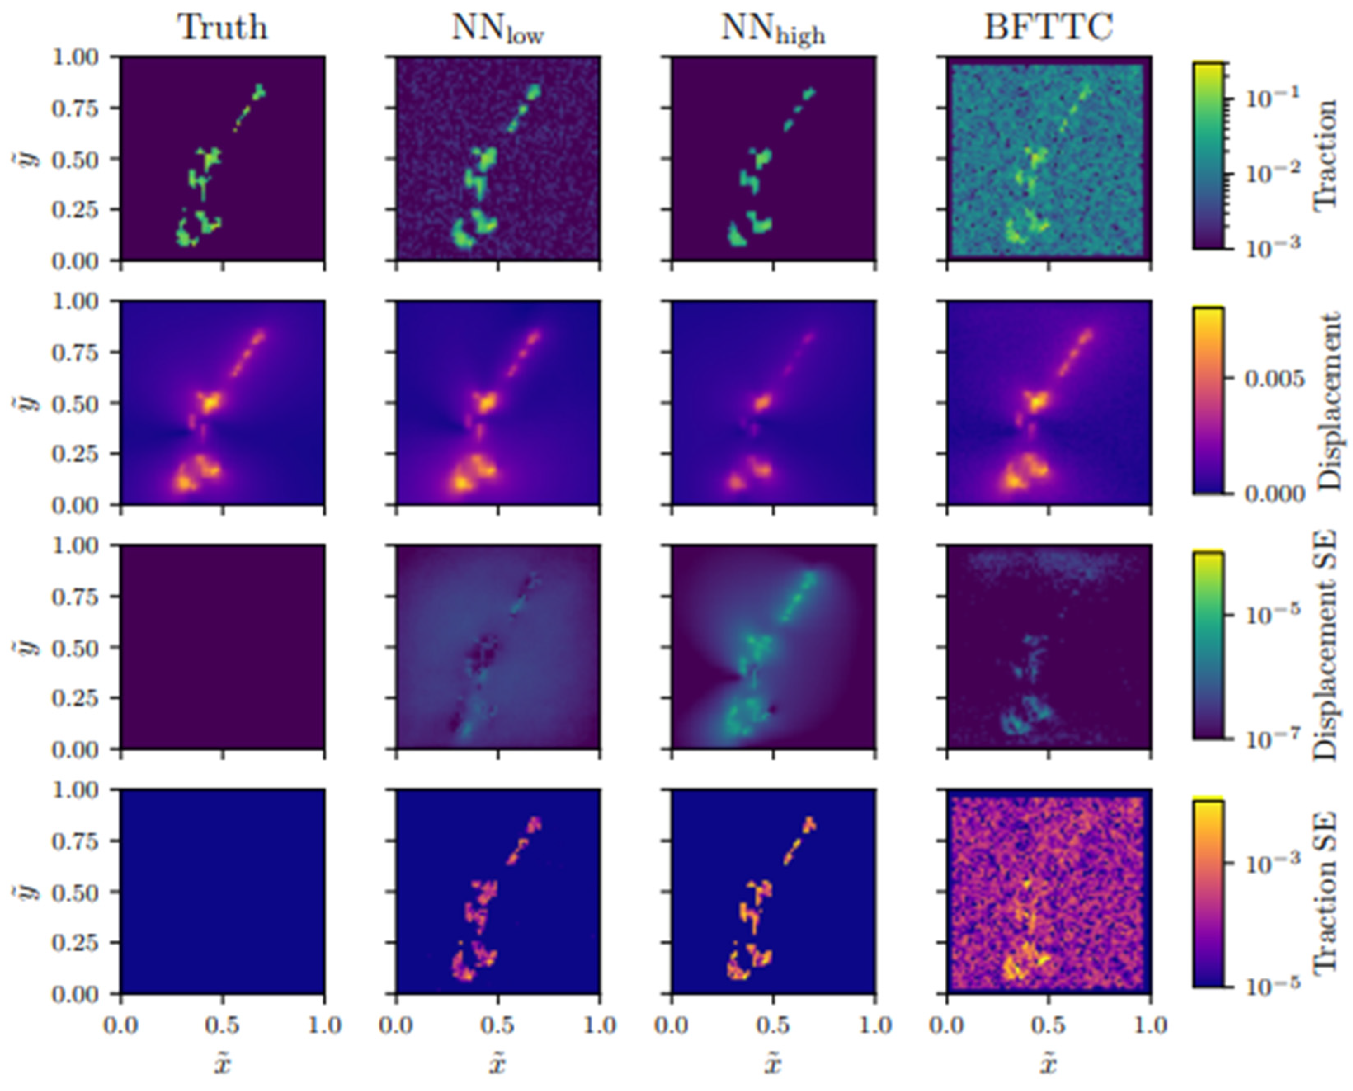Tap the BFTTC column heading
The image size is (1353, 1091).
tap(1048, 28)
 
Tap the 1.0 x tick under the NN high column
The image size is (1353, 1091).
tap(875, 1026)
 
